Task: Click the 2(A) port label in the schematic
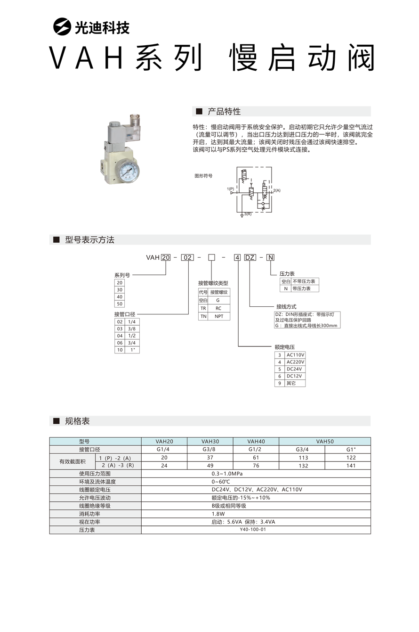(277, 190)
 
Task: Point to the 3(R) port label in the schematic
(248, 214)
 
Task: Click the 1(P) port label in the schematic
(230, 189)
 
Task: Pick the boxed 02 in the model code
(188, 257)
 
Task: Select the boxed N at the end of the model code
(270, 257)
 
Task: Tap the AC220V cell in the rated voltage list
(295, 362)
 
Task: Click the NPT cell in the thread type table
(219, 316)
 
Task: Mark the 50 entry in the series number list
(120, 304)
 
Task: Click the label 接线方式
(286, 306)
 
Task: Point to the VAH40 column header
(256, 442)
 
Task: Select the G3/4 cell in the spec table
(303, 450)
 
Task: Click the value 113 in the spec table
(303, 458)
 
